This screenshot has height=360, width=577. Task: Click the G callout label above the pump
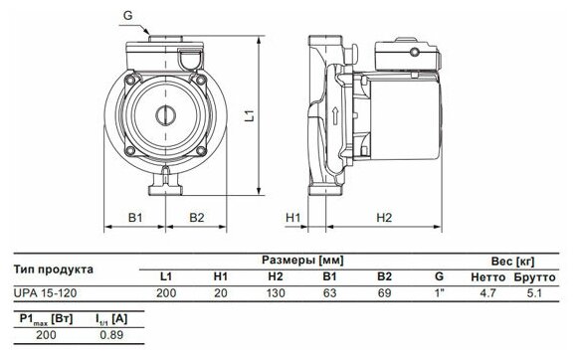point(127,16)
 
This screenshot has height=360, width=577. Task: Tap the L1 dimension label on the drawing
point(250,115)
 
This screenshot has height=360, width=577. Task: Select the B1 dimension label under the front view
point(135,218)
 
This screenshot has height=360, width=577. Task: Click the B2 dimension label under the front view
point(197,218)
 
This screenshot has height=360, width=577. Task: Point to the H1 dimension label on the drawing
point(292,218)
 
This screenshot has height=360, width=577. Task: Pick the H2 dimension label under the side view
point(384,218)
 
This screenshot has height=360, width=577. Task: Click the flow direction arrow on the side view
point(335,115)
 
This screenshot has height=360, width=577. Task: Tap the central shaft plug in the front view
point(165,115)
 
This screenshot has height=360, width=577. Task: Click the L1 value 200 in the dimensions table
point(166,293)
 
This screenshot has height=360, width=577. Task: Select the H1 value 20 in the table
point(221,293)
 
